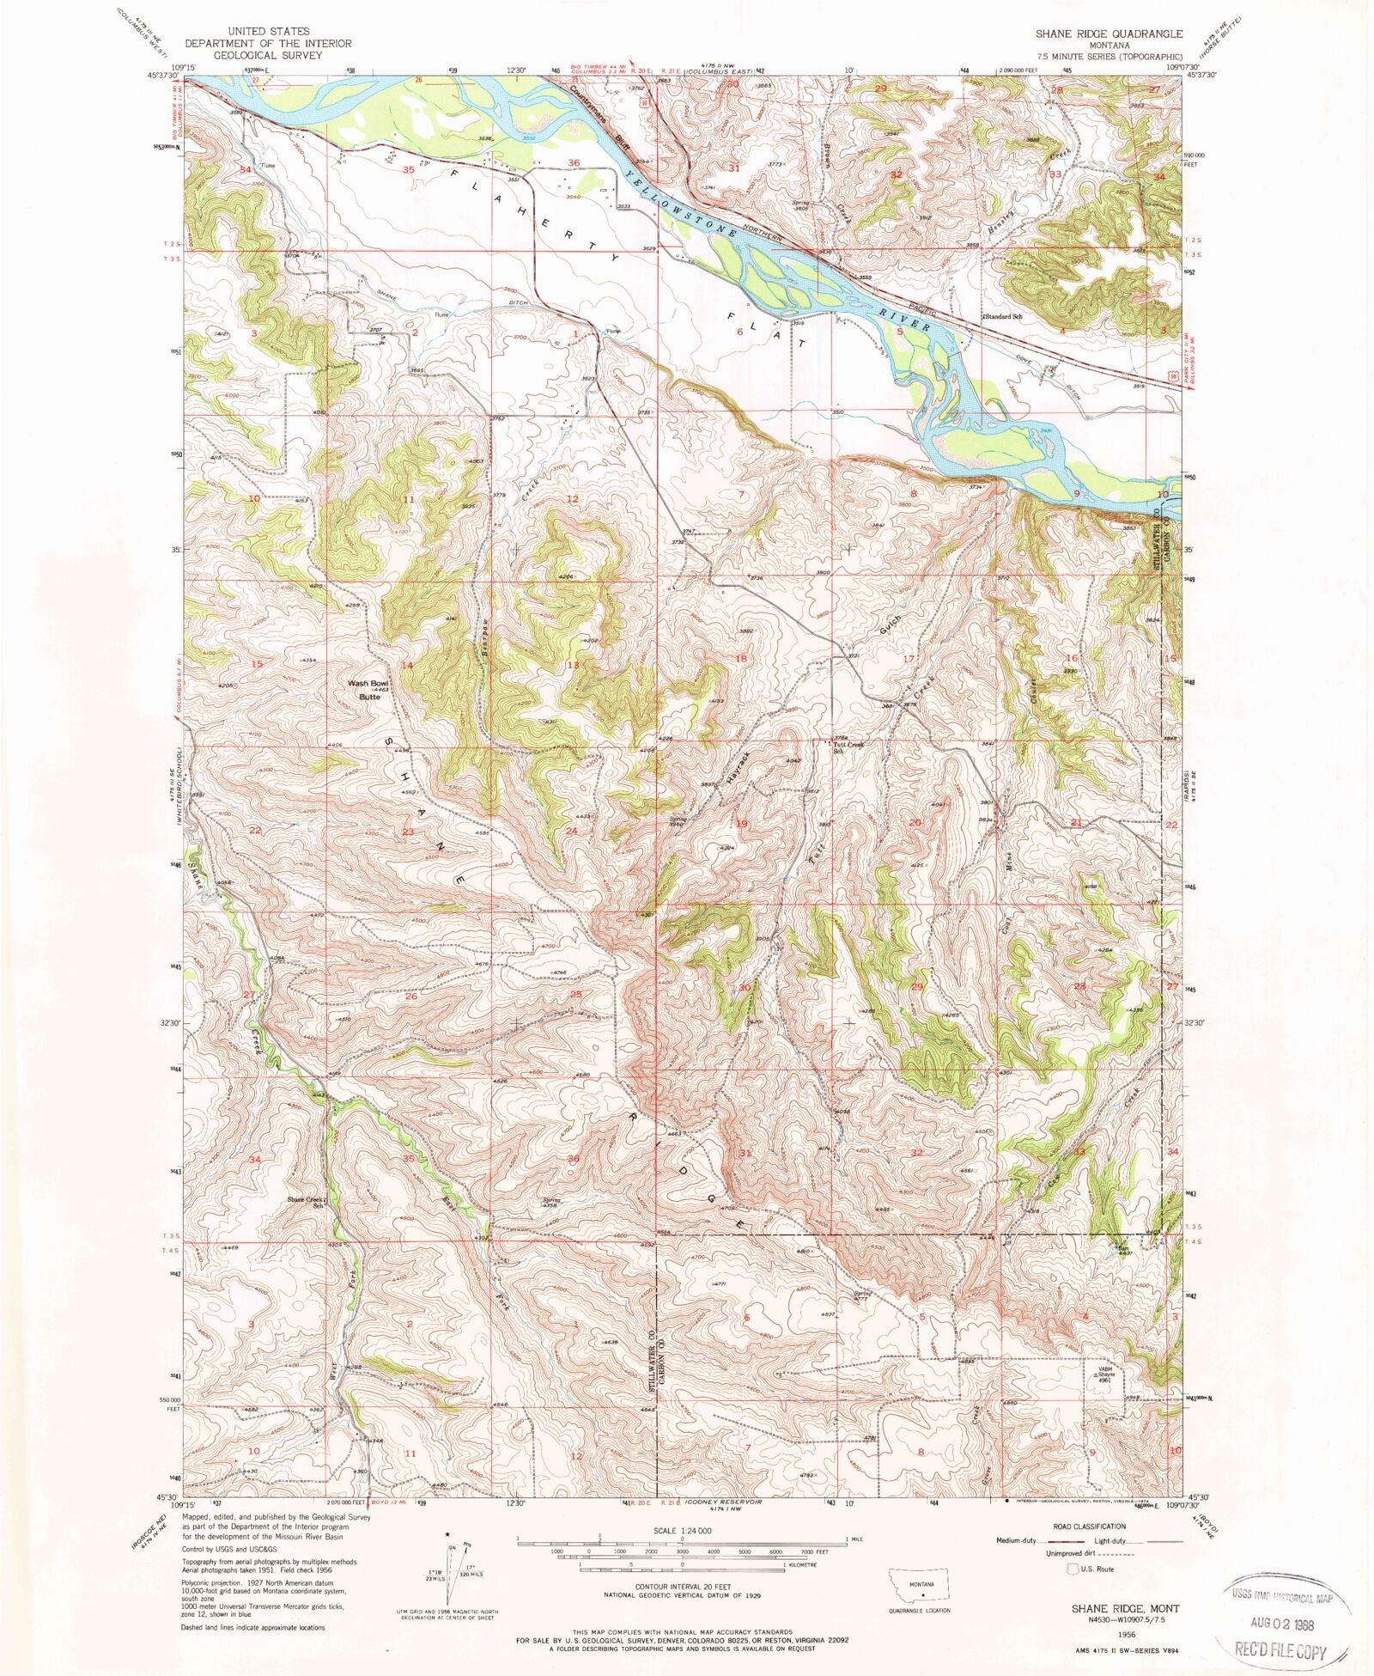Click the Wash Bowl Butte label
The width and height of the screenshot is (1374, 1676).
369,690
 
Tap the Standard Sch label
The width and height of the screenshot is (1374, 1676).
1002,316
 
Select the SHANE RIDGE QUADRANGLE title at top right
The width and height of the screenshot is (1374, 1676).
1108,34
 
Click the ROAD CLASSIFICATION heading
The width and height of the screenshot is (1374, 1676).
1090,1527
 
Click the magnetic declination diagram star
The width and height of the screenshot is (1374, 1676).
447,1533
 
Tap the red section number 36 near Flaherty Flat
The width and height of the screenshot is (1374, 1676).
574,162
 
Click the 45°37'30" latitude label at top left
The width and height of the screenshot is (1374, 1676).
161,76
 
